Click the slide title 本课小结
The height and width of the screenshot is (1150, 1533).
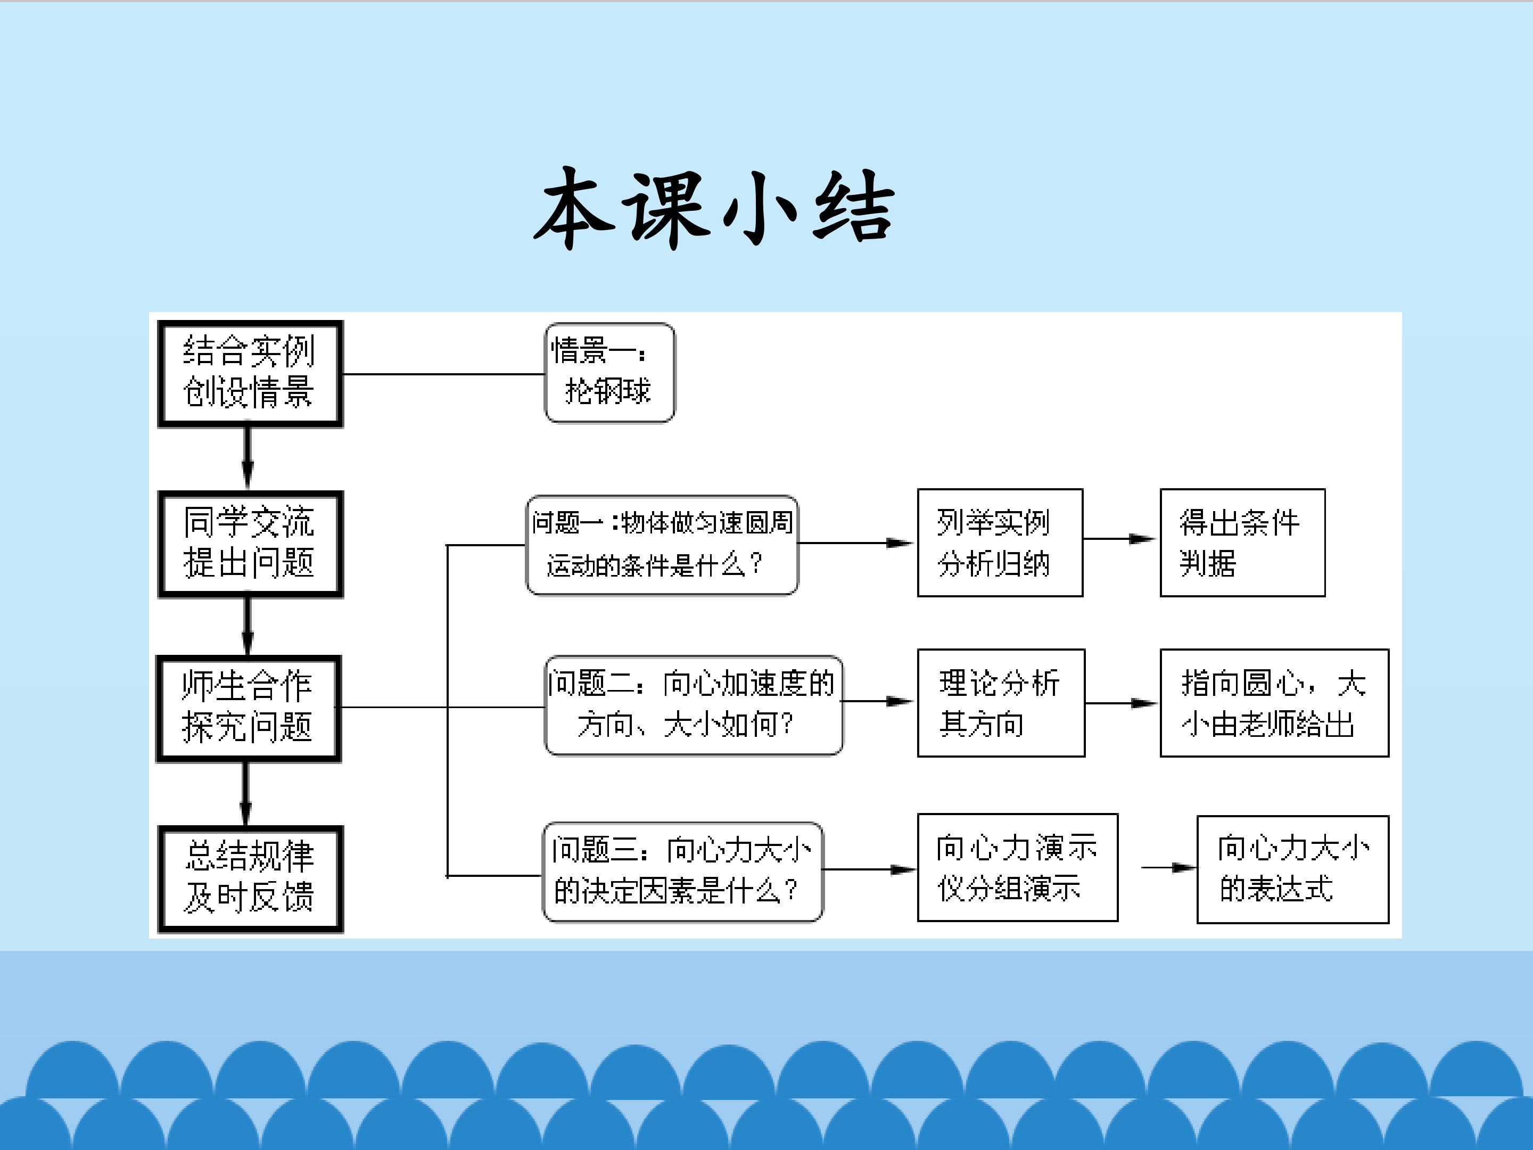point(714,208)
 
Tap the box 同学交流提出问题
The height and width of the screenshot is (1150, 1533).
point(250,544)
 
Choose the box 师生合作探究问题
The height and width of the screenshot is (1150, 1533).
point(248,709)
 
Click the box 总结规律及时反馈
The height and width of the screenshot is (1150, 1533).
point(250,879)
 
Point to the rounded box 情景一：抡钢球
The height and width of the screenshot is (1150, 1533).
point(609,372)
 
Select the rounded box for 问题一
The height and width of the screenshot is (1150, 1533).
point(662,545)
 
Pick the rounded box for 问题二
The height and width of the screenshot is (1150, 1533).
point(693,705)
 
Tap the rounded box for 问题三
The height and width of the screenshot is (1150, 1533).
point(682,872)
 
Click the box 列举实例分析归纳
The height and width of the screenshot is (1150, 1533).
point(999,543)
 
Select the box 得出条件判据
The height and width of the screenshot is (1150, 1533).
point(1242,543)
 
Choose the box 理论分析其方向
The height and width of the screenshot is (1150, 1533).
point(1000,703)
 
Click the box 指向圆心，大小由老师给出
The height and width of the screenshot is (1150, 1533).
point(1274,703)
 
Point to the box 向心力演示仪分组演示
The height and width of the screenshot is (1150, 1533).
point(1017,867)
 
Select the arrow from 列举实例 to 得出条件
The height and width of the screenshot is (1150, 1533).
point(1120,539)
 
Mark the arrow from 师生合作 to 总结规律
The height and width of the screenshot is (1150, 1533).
point(245,794)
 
